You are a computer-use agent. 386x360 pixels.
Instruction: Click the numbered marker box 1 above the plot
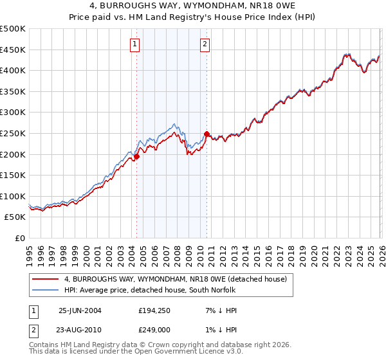(135, 44)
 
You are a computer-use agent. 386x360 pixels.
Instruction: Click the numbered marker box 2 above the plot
(205, 44)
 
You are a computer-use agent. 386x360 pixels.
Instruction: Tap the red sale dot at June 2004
(136, 156)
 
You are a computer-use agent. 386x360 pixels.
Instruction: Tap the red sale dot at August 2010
(207, 134)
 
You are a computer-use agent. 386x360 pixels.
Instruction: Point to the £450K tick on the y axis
(14, 50)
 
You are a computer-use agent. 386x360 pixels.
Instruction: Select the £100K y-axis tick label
(14, 196)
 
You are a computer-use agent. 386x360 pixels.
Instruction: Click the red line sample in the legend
(46, 279)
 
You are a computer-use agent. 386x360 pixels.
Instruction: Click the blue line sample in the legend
(46, 290)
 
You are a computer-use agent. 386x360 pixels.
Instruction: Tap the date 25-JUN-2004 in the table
(80, 310)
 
